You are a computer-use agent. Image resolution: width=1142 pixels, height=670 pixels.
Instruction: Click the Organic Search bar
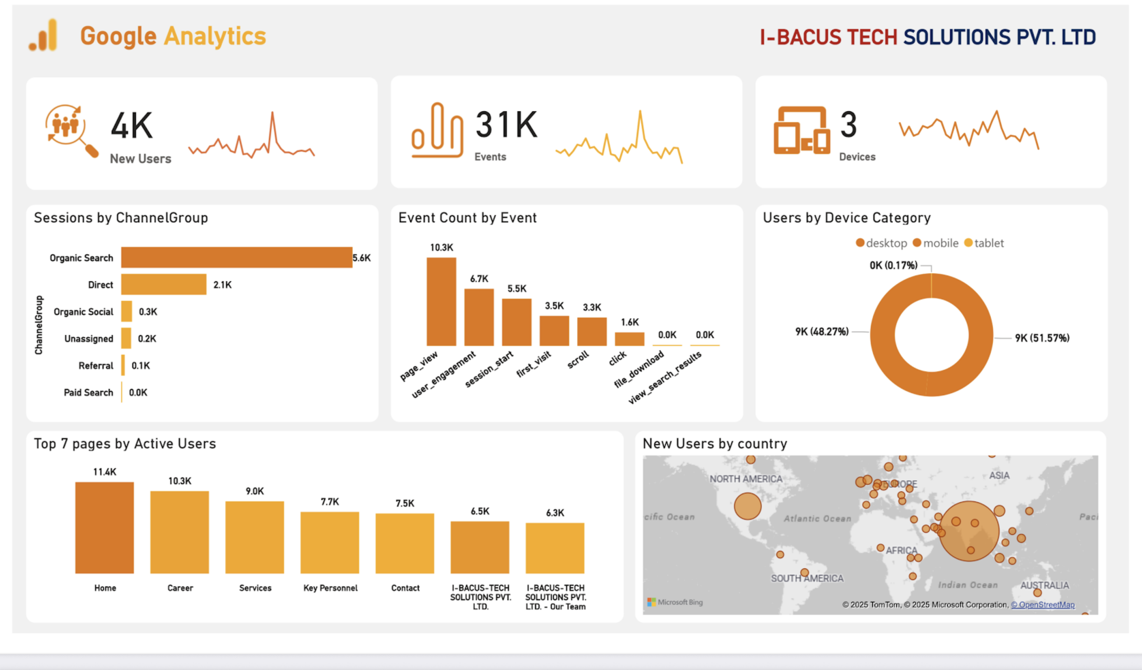236,257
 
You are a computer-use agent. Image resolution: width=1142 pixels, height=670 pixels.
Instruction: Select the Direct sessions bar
164,284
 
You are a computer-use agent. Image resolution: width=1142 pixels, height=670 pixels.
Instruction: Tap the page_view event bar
441,302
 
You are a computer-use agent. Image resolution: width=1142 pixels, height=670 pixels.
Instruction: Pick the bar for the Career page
180,532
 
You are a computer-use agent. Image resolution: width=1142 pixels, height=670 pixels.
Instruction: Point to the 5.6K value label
362,258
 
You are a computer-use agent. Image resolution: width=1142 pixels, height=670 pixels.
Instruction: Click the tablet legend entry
984,243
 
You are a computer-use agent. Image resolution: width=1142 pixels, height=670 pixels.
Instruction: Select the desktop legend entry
881,243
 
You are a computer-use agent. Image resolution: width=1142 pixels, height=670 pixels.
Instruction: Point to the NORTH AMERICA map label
746,479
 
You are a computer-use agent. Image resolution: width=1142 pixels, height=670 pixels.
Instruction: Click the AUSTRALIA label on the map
1044,585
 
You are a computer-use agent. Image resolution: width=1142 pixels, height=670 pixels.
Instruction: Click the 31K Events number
506,125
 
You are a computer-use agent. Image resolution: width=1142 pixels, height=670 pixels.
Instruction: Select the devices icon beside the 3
801,130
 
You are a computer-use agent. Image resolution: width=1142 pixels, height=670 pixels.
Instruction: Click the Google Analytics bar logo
44,35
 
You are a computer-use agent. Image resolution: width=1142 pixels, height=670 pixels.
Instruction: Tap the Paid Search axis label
88,392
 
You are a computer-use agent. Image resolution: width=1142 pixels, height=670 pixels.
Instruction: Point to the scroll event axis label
578,360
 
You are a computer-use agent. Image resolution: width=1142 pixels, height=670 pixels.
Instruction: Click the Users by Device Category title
847,218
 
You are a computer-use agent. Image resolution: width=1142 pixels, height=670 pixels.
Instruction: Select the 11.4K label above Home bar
105,472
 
